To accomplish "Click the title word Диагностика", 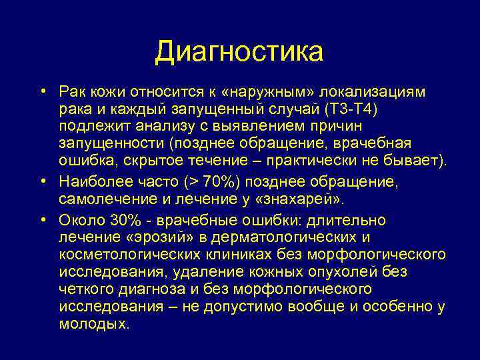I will click(x=239, y=53).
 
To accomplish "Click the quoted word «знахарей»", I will click(x=308, y=199).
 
